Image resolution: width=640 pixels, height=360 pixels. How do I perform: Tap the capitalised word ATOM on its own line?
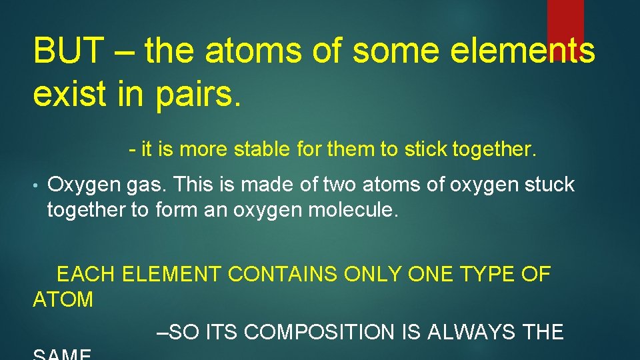[63, 300]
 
